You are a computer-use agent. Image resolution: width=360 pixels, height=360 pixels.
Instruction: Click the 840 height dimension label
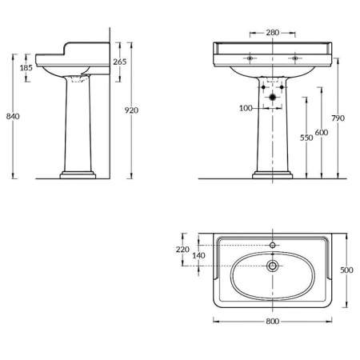(13, 116)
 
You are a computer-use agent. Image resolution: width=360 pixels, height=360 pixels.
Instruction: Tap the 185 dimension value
(26, 68)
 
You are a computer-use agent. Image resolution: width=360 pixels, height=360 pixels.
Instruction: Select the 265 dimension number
(120, 62)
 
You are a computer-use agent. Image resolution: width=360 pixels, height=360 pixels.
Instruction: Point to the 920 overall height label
(131, 110)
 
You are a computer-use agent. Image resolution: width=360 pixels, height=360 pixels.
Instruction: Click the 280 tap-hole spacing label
(273, 33)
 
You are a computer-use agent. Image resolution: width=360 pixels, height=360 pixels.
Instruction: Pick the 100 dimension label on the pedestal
(246, 108)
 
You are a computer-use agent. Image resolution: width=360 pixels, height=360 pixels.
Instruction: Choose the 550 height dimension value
(306, 138)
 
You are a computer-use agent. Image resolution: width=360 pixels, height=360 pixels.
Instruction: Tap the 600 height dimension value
(322, 132)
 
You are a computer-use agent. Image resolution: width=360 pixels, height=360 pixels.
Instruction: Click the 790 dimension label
(338, 118)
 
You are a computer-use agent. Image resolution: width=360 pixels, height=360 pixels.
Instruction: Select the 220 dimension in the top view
(182, 250)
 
